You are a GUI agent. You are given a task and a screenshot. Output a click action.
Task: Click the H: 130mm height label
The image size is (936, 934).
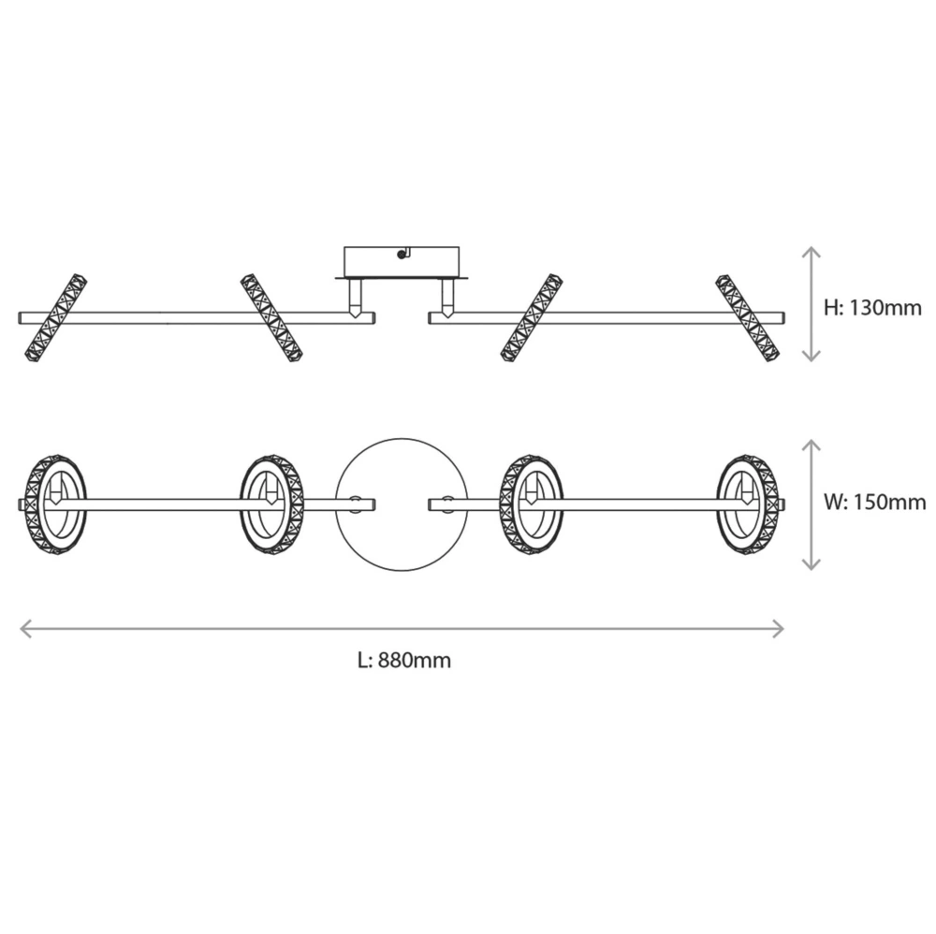872,306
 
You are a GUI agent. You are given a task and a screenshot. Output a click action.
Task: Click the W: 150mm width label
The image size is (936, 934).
874,503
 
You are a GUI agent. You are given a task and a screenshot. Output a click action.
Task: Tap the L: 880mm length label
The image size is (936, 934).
404,661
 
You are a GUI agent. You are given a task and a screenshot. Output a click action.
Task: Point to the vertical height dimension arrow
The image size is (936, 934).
812,304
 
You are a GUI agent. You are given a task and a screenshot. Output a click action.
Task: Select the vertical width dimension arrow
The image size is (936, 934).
812,504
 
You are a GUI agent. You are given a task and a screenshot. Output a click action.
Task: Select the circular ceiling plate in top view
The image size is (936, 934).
402,504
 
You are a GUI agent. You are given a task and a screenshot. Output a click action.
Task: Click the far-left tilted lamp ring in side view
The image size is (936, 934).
54,316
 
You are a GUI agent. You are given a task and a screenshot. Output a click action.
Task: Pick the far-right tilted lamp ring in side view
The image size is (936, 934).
747,318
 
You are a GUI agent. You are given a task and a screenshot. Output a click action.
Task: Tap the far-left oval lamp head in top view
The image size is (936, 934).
55,504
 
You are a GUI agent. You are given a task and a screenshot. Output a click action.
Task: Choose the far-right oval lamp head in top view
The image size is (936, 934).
750,504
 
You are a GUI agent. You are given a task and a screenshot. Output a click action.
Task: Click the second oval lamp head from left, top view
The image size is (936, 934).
271,504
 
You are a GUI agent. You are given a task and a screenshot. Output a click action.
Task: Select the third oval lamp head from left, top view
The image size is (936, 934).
532,504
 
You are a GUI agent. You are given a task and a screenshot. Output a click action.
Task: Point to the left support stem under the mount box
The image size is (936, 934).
356,299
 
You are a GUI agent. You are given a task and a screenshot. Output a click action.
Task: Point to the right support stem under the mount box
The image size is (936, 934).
447,299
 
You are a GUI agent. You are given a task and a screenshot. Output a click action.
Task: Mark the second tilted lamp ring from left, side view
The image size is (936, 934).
271,317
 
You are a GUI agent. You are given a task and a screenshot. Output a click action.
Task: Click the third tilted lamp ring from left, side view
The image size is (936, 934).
532,317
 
